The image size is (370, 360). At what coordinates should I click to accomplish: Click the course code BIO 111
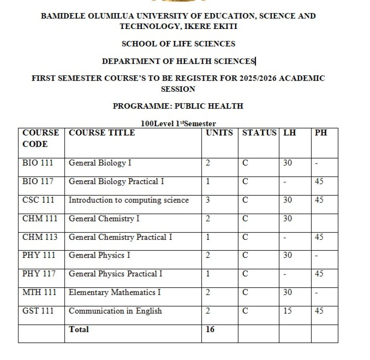tap(38, 163)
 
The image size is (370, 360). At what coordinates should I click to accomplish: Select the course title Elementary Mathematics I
tap(115, 292)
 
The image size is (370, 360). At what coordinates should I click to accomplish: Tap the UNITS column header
tap(219, 133)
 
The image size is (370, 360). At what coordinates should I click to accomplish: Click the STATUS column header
tap(259, 133)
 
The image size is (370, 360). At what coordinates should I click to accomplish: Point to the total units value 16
tap(210, 329)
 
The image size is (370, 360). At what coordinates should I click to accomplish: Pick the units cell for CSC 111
tap(208, 200)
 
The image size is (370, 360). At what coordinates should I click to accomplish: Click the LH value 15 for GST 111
tap(288, 311)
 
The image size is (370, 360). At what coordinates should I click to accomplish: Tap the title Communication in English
tap(115, 311)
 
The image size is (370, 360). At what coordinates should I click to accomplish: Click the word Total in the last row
tap(78, 329)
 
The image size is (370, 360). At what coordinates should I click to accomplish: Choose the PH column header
tap(320, 133)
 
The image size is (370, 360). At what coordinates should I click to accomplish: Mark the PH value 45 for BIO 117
tap(319, 181)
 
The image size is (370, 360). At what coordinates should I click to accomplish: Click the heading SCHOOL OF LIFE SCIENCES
tap(178, 44)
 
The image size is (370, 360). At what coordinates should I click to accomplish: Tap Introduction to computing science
tap(129, 200)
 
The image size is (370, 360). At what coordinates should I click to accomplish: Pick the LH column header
tap(289, 133)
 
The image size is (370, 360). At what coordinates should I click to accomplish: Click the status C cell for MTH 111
tap(245, 292)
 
